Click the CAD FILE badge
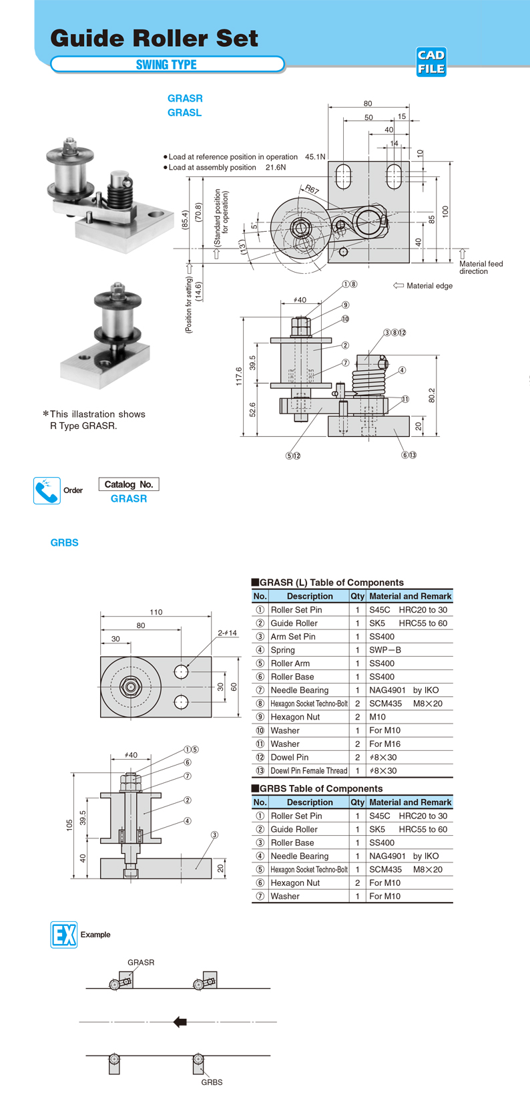click(x=431, y=62)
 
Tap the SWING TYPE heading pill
click(x=167, y=65)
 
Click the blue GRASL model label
click(x=184, y=113)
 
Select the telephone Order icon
click(x=47, y=490)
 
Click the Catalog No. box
click(x=129, y=484)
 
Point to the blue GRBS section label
click(x=65, y=542)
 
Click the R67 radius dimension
click(x=312, y=190)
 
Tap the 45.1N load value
click(x=315, y=157)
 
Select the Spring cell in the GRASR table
click(x=283, y=650)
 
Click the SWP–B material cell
click(x=386, y=650)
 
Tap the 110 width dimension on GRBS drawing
click(x=156, y=612)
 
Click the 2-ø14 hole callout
click(x=227, y=633)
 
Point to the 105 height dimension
click(x=69, y=825)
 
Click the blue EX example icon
click(x=63, y=934)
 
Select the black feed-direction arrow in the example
click(x=180, y=1021)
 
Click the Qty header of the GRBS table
click(x=357, y=802)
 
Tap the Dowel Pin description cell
click(x=290, y=757)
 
